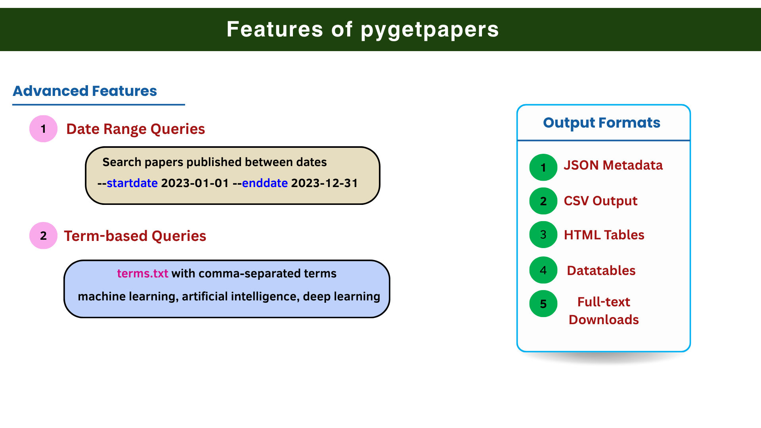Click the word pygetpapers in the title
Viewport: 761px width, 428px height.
pyautogui.click(x=430, y=30)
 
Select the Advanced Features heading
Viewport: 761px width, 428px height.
pyautogui.click(x=85, y=91)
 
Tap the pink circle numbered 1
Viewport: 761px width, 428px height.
pyautogui.click(x=44, y=129)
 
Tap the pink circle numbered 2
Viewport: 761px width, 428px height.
pyautogui.click(x=44, y=235)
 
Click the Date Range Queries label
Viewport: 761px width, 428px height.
pyautogui.click(x=136, y=129)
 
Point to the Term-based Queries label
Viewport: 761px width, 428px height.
pyautogui.click(x=135, y=236)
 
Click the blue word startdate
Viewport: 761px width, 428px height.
pyautogui.click(x=132, y=183)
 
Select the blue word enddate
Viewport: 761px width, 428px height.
pyautogui.click(x=265, y=183)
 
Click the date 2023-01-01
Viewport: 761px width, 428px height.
pyautogui.click(x=195, y=183)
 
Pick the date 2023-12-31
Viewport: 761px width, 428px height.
pyautogui.click(x=325, y=183)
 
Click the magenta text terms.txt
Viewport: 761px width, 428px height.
pyautogui.click(x=143, y=273)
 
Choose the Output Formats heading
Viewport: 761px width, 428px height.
pyautogui.click(x=602, y=123)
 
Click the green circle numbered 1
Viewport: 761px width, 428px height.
pyautogui.click(x=543, y=167)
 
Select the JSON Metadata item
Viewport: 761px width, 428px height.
pyautogui.click(x=613, y=165)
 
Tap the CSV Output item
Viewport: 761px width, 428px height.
pyautogui.click(x=600, y=201)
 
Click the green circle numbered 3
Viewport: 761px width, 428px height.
pyautogui.click(x=543, y=235)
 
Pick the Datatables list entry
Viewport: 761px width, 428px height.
pyautogui.click(x=601, y=270)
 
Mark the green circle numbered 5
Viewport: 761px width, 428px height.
pyautogui.click(x=543, y=304)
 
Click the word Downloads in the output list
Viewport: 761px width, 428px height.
pyautogui.click(x=604, y=320)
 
